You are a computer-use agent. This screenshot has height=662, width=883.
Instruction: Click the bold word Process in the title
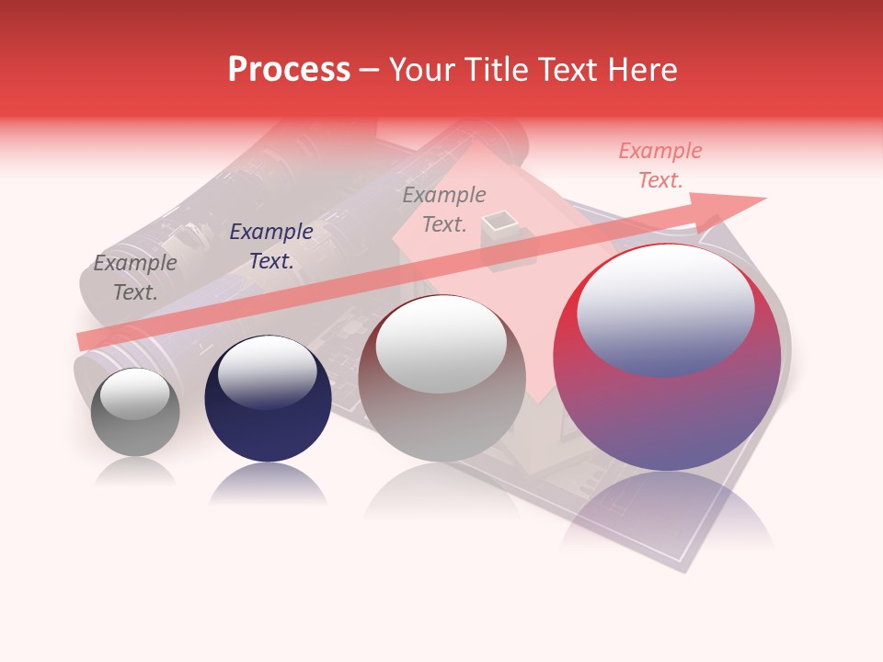(289, 70)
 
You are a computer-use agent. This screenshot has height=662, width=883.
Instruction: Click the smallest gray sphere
(135, 414)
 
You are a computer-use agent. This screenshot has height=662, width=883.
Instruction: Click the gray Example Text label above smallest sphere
(135, 278)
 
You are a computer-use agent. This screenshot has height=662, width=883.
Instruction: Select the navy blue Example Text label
(271, 246)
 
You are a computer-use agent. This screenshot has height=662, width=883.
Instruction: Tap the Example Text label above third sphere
(444, 209)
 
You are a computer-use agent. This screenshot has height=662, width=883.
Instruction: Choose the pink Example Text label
(659, 165)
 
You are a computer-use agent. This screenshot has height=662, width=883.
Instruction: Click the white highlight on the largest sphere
(665, 311)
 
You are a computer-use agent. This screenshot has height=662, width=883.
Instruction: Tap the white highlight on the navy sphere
(267, 371)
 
